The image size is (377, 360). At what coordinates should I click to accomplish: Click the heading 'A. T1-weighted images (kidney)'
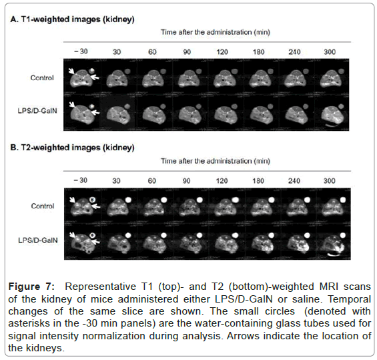pos(72,19)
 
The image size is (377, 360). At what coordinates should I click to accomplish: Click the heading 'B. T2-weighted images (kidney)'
pos(72,148)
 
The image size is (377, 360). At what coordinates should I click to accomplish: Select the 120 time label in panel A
pos(222,51)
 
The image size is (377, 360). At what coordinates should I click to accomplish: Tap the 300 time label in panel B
pos(330,181)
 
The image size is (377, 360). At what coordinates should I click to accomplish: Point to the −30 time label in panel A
pos(81,51)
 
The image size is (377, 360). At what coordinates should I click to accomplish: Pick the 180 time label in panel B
pos(258,181)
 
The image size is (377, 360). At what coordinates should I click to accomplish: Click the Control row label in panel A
pos(42,77)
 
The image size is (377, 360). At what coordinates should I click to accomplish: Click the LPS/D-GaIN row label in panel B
pos(38,240)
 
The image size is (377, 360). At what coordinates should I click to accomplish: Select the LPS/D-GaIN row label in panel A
pos(37,111)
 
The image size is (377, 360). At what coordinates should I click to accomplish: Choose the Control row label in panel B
pos(43,206)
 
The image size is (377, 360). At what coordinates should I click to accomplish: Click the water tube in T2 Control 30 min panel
pos(128,200)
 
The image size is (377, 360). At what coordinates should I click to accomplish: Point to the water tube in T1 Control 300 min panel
pos(341,71)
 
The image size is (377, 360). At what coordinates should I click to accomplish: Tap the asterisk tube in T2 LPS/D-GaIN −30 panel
pos(93,235)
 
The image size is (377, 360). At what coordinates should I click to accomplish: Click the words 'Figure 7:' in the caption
pos(31,287)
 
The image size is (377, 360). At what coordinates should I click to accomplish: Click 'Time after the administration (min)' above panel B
pos(216,161)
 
